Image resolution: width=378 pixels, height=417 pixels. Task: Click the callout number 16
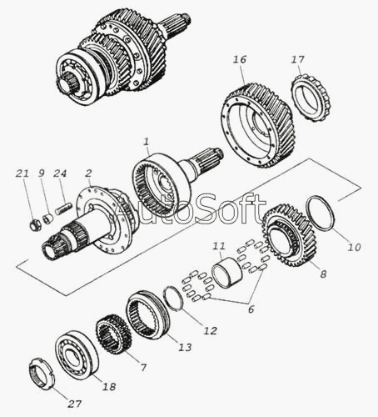(240, 60)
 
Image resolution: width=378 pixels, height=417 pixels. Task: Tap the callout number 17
(298, 60)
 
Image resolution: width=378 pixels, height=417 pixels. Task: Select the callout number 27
(74, 404)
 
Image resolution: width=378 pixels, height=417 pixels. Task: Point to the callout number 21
(22, 173)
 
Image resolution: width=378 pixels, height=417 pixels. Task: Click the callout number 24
(60, 173)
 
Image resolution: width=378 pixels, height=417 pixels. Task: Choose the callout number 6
(251, 309)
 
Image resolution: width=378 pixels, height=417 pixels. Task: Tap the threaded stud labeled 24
(63, 209)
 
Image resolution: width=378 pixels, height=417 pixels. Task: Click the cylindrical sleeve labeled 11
(226, 273)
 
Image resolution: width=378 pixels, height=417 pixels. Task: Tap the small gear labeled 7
(113, 334)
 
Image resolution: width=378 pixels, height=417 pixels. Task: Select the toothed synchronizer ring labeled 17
(311, 98)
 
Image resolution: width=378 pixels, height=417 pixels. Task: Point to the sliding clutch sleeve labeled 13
(147, 314)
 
